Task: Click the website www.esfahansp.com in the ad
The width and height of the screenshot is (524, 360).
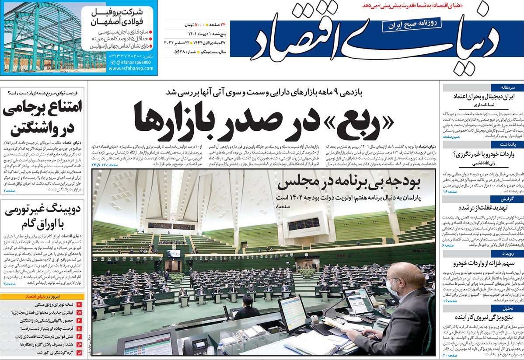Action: click(129, 69)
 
